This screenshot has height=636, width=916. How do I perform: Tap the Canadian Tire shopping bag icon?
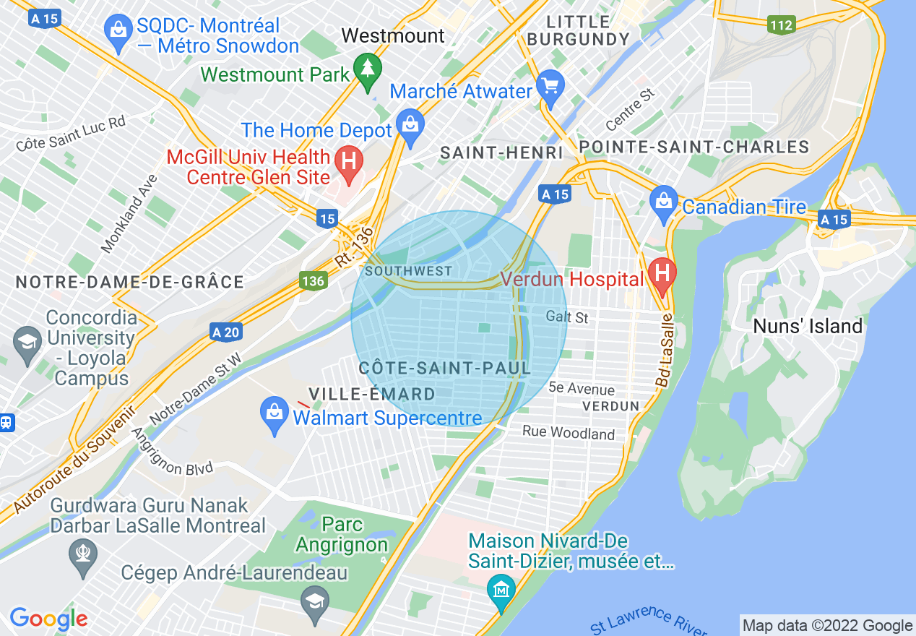662,204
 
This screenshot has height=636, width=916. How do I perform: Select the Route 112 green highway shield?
781,25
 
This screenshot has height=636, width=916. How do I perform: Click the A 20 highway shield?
226,332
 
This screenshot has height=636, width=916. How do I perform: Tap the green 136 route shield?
314,280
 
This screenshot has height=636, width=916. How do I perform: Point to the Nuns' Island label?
808,327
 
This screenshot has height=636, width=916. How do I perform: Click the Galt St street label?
567,317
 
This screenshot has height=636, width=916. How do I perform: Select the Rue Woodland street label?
569,432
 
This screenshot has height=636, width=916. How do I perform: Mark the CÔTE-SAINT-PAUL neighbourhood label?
445,368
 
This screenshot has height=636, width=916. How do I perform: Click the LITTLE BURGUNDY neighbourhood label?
578,30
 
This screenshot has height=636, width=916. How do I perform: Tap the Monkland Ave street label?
129,214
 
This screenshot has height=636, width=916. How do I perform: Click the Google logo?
48,619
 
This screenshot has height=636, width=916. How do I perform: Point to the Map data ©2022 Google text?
828,626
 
